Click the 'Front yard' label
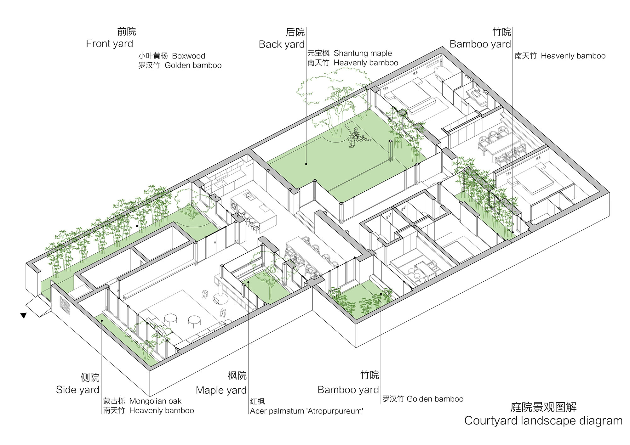pos(110,43)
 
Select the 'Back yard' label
pos(282,44)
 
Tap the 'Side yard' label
pos(77,390)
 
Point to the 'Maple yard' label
pos(221,390)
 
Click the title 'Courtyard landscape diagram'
pos(543,420)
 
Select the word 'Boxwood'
pos(188,56)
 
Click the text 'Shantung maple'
pos(363,53)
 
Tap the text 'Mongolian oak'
pos(155,401)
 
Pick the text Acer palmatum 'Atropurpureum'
pos(306,411)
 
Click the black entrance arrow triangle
pos(23,315)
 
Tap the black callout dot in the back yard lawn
pos(306,164)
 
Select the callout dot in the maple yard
pos(248,282)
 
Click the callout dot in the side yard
pos(102,320)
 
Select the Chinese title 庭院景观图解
pos(543,407)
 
